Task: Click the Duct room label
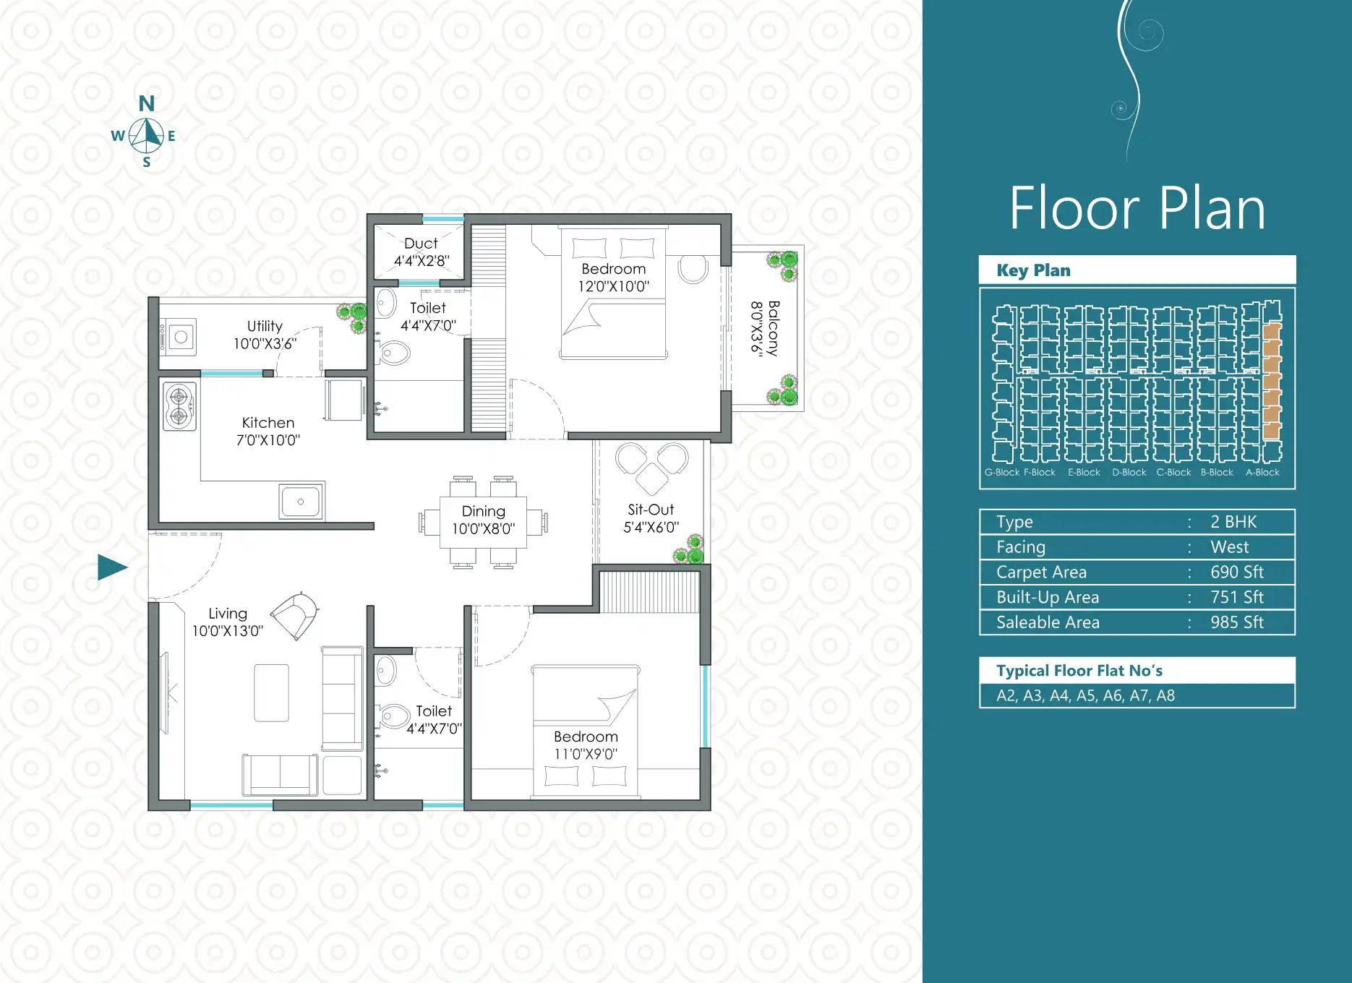tap(421, 244)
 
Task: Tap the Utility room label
tap(265, 326)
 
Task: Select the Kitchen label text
tap(268, 423)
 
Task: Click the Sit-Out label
tap(651, 510)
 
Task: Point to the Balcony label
tap(774, 328)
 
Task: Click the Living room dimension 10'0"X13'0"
tap(228, 631)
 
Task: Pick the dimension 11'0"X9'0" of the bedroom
tap(586, 754)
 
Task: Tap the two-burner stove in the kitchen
tap(179, 406)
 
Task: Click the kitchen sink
tap(301, 501)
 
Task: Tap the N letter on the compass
tap(147, 104)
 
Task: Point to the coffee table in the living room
tap(272, 692)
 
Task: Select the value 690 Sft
tap(1237, 572)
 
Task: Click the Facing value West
tap(1230, 547)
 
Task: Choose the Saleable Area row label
tap(1048, 622)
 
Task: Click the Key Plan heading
tap(1033, 270)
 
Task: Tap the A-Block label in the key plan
tap(1262, 473)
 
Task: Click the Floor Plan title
tap(1137, 208)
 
